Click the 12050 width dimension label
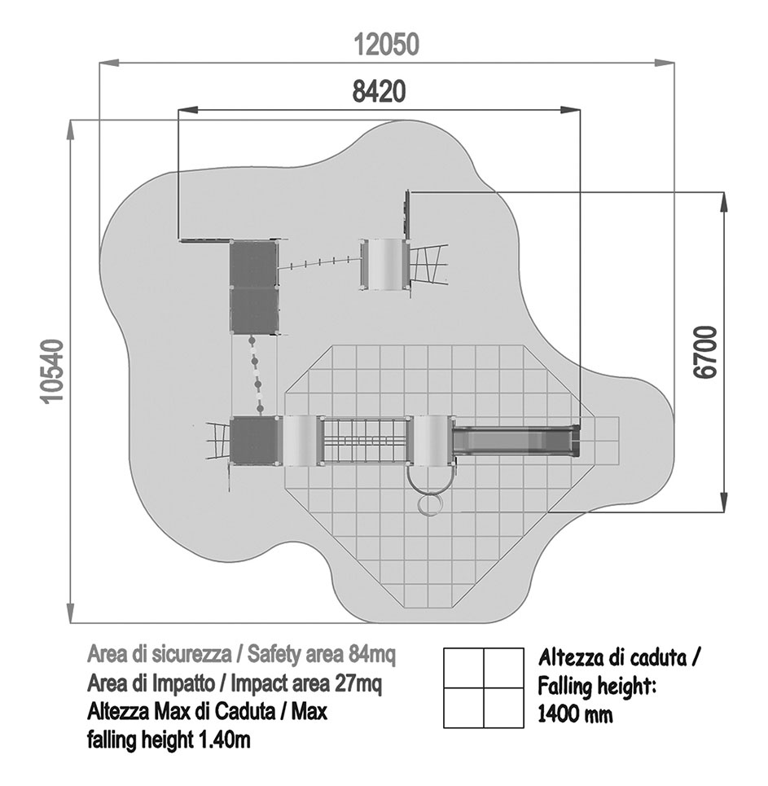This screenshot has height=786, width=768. coord(386,44)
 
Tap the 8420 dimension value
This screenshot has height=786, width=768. coord(379,92)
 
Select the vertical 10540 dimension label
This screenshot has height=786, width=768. coord(53,371)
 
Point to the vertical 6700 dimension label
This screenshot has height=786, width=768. coord(706,352)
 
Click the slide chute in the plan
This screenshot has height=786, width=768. coord(516,441)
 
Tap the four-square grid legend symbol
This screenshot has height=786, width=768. coord(484,687)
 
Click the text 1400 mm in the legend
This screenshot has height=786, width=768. coord(575,714)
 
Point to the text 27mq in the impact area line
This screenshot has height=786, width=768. coord(358,683)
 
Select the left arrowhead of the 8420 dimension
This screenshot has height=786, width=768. coord(188,110)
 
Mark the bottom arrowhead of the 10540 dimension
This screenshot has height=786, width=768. coord(71,613)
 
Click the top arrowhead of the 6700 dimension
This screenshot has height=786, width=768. coord(723,201)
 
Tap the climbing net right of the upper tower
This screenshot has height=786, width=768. coord(428,264)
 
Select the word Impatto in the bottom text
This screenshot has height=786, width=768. coord(174,683)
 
